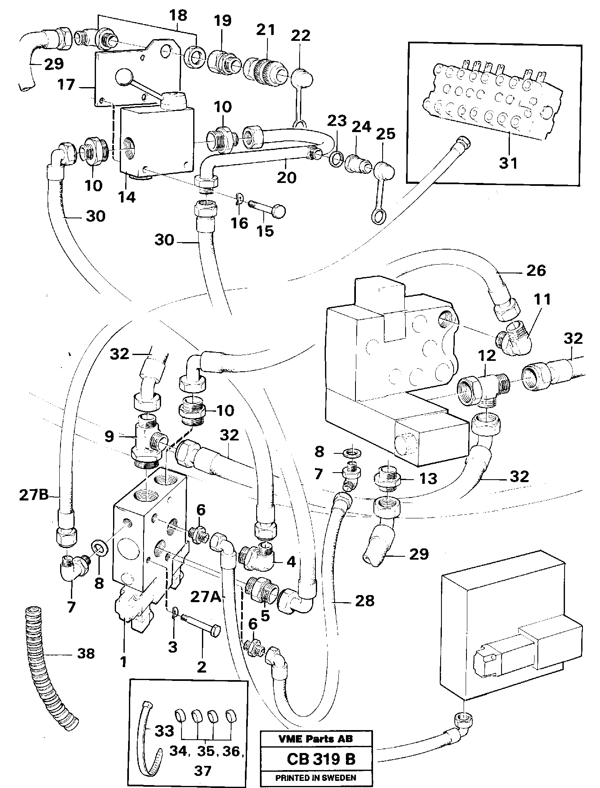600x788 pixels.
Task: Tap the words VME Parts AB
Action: [x=316, y=739]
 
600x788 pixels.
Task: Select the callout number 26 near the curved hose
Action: [x=536, y=270]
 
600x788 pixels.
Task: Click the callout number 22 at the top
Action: [x=300, y=36]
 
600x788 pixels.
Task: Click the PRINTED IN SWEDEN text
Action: [x=315, y=778]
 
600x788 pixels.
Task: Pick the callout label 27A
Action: [x=205, y=598]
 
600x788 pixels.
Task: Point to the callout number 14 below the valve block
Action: [x=126, y=197]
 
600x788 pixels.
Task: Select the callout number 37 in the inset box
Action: [x=203, y=770]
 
